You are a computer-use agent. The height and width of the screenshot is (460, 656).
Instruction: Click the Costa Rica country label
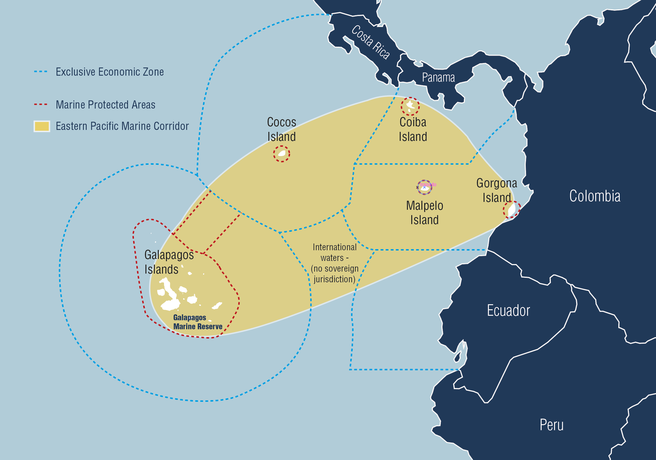tap(370, 42)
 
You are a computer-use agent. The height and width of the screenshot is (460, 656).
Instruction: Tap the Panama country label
tap(438, 78)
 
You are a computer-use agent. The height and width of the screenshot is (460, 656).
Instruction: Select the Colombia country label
tap(595, 197)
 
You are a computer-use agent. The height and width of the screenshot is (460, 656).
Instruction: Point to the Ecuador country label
tap(508, 311)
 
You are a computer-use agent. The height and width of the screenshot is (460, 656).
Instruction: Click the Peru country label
tap(551, 425)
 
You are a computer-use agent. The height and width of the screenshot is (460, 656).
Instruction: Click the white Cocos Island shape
tap(282, 154)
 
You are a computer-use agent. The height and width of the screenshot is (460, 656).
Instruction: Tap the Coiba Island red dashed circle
tap(410, 107)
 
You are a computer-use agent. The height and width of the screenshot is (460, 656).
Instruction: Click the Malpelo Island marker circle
tap(424, 188)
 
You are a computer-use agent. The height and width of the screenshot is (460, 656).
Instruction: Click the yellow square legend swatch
tap(42, 126)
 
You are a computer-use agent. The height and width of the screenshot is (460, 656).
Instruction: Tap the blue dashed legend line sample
tap(41, 72)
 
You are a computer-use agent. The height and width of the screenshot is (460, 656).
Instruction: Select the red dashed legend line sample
tap(41, 105)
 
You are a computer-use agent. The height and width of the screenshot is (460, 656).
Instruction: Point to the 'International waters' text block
tap(334, 263)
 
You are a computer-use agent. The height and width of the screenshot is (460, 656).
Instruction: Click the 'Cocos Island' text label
tap(281, 129)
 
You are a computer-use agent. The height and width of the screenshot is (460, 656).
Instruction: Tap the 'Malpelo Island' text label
tap(424, 213)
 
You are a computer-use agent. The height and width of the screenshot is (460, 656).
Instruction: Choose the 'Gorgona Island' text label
tap(497, 190)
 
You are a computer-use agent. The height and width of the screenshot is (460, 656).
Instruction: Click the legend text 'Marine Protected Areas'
tap(105, 105)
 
